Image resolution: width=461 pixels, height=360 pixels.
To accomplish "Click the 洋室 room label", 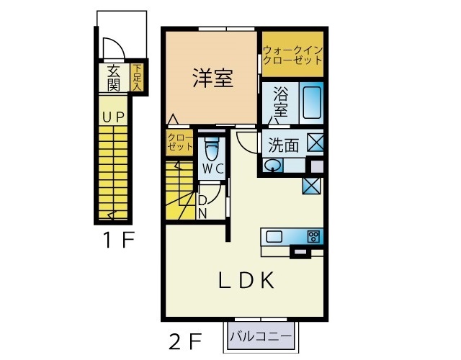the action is (213, 78).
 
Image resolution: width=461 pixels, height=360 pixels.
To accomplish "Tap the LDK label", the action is (246, 280).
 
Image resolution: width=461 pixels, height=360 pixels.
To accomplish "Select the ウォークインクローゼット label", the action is (293, 55).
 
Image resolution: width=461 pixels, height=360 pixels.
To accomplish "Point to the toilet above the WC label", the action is (212, 149).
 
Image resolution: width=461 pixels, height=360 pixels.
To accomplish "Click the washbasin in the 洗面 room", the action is (272, 166).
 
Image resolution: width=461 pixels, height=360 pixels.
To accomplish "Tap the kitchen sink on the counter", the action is (274, 237).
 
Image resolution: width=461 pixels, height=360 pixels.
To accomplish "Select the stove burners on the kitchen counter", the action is (313, 237).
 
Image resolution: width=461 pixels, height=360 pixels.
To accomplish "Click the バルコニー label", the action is (261, 336).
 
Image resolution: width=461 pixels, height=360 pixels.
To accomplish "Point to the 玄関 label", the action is (113, 78).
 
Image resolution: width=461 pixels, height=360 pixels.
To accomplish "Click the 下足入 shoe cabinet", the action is (137, 77).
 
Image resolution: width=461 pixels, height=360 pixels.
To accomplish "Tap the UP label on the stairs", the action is (114, 117).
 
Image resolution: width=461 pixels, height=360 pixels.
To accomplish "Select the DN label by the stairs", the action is (202, 207).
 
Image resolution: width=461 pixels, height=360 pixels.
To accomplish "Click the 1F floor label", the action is (119, 240).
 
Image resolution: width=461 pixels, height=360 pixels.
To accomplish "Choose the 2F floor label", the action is (185, 341).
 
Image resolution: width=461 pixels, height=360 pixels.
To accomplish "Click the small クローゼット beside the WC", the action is (179, 143).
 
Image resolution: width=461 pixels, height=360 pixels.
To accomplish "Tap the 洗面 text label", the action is (283, 145).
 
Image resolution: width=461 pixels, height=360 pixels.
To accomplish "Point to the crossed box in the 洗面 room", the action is (315, 143).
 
